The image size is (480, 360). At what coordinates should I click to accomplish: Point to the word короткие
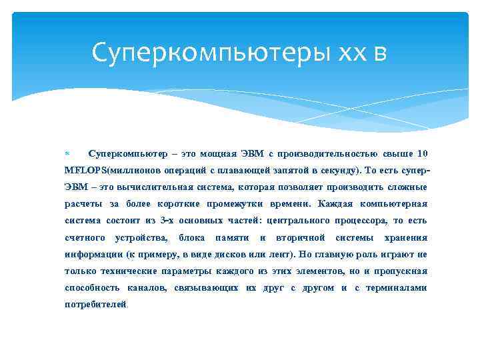click(x=180, y=204)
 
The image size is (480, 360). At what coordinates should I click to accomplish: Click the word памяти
click(x=232, y=237)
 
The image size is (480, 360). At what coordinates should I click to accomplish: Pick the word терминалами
click(x=397, y=288)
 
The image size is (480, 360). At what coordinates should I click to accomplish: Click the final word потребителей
click(x=95, y=305)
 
